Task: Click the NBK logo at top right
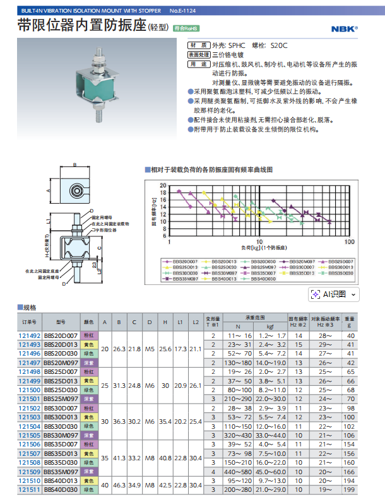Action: [x=344, y=28]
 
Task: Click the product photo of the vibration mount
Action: [x=98, y=83]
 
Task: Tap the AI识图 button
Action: [x=334, y=294]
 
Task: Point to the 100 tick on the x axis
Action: [x=349, y=242]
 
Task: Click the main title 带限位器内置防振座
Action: [x=81, y=26]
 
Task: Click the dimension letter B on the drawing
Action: [x=74, y=164]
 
